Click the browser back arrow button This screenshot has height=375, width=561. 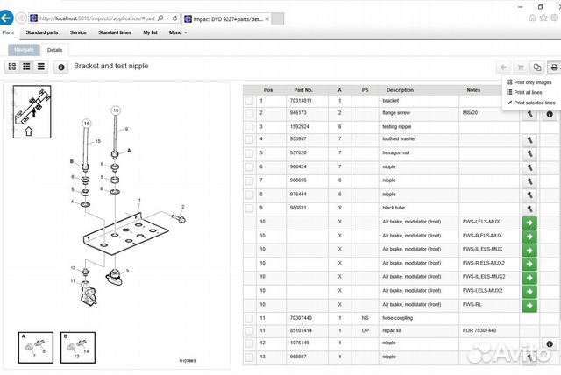pyautogui.click(x=8, y=17)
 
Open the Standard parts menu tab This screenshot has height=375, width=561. pyautogui.click(x=41, y=32)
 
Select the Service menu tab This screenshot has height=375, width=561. pyautogui.click(x=78, y=32)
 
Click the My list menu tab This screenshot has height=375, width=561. pyautogui.click(x=148, y=32)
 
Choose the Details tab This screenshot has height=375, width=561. pyautogui.click(x=54, y=50)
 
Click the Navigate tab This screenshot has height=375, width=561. pyautogui.click(x=24, y=50)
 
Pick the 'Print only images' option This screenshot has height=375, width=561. pyautogui.click(x=529, y=81)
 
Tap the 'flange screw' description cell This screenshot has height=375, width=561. pyautogui.click(x=401, y=113)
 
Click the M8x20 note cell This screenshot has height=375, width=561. pyautogui.click(x=472, y=113)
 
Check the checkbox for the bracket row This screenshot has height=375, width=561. pyautogui.click(x=249, y=101)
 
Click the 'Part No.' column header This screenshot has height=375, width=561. pyautogui.click(x=304, y=89)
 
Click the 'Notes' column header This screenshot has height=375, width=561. pyautogui.click(x=474, y=89)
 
